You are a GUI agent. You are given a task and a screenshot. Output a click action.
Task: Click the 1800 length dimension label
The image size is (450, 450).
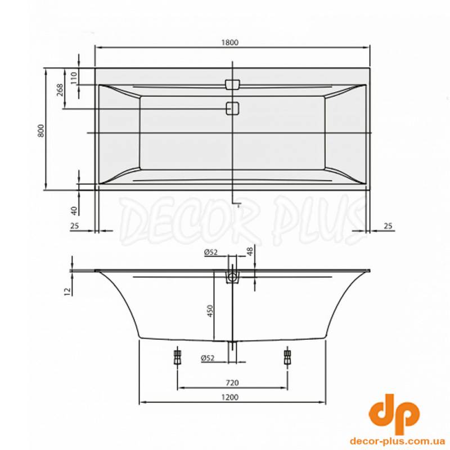230,43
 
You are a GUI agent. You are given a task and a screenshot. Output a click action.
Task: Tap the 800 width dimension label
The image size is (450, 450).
41,130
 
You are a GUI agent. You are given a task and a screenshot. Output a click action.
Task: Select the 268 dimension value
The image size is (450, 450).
60,90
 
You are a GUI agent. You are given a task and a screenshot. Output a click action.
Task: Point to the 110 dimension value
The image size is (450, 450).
74,78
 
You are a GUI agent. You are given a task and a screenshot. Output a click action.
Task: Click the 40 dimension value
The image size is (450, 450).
74,210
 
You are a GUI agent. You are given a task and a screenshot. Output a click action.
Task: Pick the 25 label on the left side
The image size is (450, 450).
75,226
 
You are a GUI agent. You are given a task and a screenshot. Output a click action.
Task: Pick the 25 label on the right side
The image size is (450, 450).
388,226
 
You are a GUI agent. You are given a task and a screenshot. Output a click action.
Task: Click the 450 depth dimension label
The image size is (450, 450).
210,311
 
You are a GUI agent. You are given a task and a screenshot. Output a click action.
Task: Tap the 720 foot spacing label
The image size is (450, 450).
232,383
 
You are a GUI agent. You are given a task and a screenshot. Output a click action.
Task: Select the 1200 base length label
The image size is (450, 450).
230,397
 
